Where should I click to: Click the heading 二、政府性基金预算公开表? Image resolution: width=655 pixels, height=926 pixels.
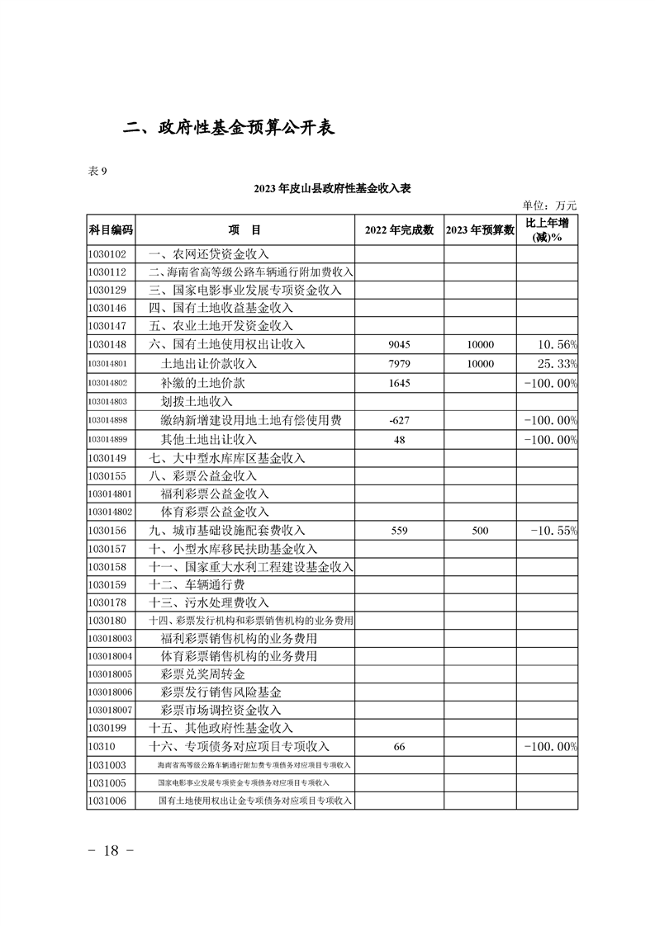point(229,129)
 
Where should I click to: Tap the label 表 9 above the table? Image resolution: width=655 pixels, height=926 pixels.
point(97,171)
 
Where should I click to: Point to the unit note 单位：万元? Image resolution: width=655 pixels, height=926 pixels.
point(549,206)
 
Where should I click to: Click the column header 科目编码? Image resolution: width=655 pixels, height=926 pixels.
point(110,229)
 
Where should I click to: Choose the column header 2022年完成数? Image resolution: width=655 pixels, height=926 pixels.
point(399,229)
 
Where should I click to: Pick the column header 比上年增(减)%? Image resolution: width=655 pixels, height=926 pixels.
point(547,229)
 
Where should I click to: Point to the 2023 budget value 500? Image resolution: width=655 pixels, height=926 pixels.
point(480,530)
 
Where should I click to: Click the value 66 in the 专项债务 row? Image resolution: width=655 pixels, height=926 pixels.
point(399,747)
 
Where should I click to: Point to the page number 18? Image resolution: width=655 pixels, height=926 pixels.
point(110,852)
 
